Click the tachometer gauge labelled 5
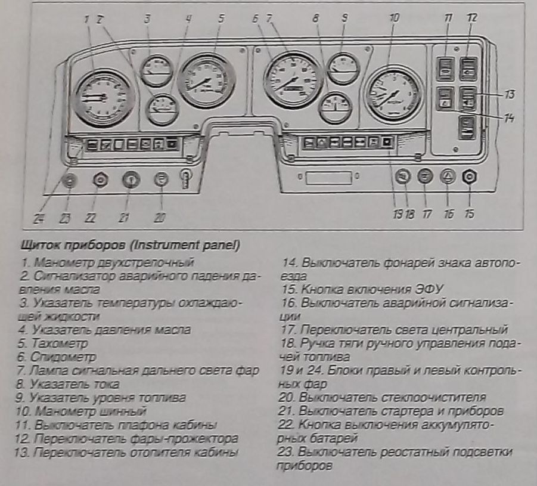pos(206,80)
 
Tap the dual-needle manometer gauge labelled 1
pos(105,97)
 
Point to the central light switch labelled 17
pos(424,177)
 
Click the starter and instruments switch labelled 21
pos(129,179)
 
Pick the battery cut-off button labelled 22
pos(100,179)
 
